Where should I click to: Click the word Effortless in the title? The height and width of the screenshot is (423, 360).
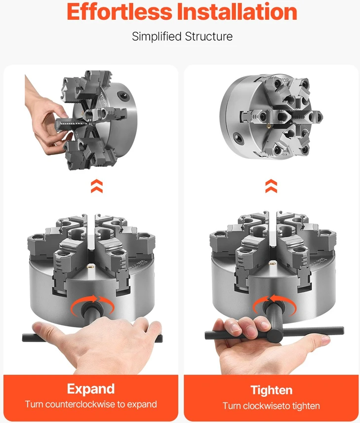119,11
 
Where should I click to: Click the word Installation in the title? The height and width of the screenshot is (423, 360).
237,11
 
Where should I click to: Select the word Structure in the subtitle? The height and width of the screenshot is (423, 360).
208,37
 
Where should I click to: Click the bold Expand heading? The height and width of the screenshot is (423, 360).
91,389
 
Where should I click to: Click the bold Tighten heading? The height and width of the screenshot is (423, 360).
271,390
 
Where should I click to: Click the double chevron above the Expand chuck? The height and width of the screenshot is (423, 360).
97,186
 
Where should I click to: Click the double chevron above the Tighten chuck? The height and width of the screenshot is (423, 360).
271,186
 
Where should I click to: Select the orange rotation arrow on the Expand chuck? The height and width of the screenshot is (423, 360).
92,300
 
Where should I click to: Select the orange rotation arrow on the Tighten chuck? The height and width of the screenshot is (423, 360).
274,300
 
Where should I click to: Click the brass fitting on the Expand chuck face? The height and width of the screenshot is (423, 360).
89,266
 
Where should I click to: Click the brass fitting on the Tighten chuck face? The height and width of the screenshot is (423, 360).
272,262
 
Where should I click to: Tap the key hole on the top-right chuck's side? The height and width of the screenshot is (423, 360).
238,138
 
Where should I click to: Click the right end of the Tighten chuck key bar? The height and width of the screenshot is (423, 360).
342,330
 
